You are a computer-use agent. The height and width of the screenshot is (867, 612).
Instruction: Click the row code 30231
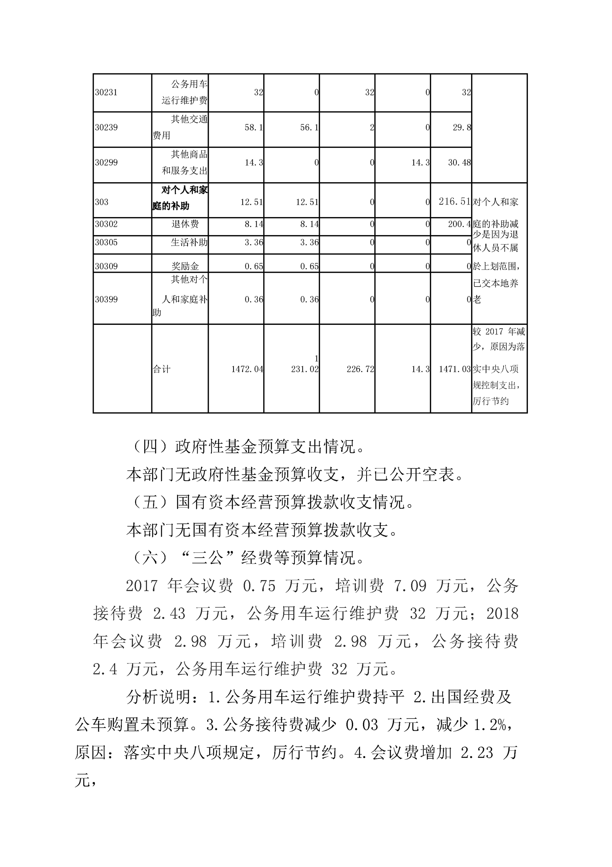106,93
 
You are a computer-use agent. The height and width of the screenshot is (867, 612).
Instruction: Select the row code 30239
106,127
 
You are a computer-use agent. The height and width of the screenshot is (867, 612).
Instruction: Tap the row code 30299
106,163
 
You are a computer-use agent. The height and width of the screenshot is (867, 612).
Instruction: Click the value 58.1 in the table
254,127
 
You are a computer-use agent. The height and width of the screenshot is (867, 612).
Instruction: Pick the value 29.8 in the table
462,127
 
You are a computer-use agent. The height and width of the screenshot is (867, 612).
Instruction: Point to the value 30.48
459,163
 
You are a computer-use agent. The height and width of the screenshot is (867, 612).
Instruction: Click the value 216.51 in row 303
455,202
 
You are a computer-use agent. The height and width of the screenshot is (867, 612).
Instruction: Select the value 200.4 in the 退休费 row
459,224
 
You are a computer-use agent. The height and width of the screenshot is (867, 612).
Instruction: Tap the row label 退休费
185,224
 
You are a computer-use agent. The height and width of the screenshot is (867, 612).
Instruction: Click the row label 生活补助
189,243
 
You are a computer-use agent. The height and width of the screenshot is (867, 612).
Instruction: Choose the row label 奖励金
185,266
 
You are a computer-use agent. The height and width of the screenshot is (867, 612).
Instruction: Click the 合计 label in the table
161,369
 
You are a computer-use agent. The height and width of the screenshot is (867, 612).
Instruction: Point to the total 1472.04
247,369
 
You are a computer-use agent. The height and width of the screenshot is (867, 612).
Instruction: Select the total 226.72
360,369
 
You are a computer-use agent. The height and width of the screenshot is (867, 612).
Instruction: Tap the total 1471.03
455,369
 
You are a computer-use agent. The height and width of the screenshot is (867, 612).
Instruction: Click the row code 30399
106,299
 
